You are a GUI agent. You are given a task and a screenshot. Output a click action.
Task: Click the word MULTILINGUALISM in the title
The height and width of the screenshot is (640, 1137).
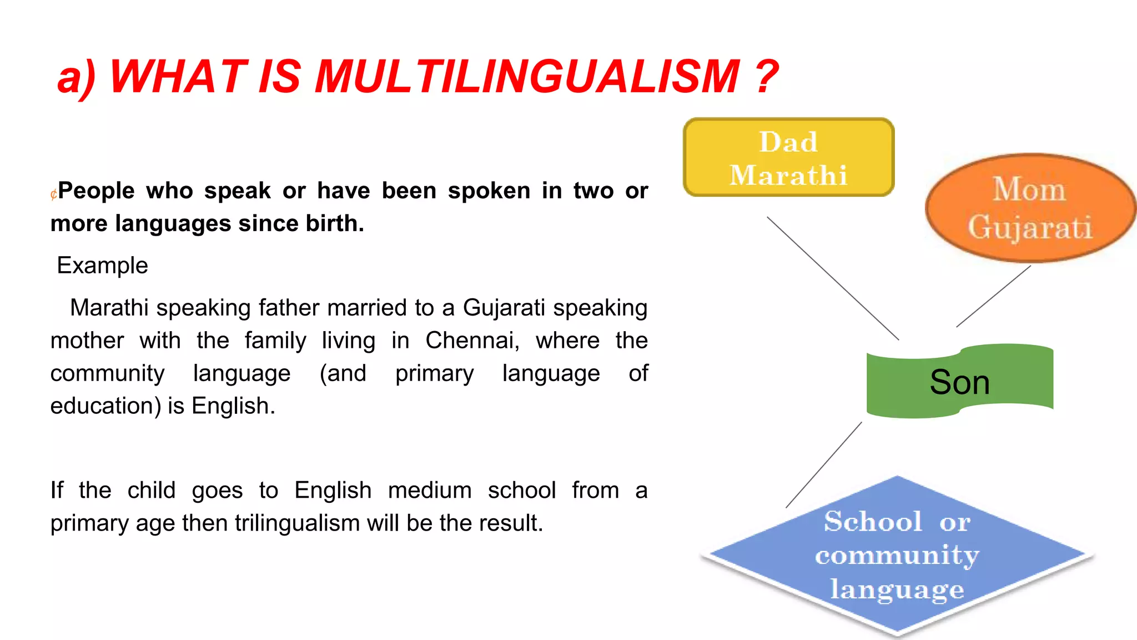[x=527, y=77]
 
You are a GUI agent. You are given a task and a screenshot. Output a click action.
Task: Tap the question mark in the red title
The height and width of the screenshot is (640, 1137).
[x=767, y=77]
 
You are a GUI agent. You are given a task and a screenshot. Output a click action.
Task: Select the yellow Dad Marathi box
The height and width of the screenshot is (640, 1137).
[x=788, y=158]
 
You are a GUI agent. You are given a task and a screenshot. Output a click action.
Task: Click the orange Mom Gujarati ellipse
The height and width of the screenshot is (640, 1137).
[x=1030, y=208]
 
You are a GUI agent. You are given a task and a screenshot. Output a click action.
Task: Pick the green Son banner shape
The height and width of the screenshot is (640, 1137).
[x=959, y=382]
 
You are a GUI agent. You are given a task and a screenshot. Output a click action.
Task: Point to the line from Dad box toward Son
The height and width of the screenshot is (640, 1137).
[x=833, y=278]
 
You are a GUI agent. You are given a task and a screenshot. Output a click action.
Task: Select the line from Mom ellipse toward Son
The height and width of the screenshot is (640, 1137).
[x=994, y=296]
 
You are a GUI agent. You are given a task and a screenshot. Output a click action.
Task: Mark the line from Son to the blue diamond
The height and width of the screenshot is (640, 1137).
[x=824, y=465]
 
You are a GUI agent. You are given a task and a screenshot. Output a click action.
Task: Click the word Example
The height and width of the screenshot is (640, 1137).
[x=103, y=266]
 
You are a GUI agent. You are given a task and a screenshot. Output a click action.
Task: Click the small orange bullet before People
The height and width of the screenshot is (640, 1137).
[x=53, y=194]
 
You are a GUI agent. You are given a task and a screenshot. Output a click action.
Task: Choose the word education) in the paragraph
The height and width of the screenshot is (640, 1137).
[x=105, y=406]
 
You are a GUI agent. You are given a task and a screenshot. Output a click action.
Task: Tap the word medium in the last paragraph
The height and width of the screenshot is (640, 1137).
[x=430, y=491]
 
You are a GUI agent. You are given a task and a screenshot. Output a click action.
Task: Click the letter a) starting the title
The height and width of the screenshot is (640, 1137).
[x=76, y=77]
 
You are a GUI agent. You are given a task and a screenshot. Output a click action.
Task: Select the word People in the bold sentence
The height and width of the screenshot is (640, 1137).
[x=97, y=191]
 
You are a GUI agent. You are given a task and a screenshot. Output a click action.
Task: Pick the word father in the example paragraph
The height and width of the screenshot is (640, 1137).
[x=289, y=308]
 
